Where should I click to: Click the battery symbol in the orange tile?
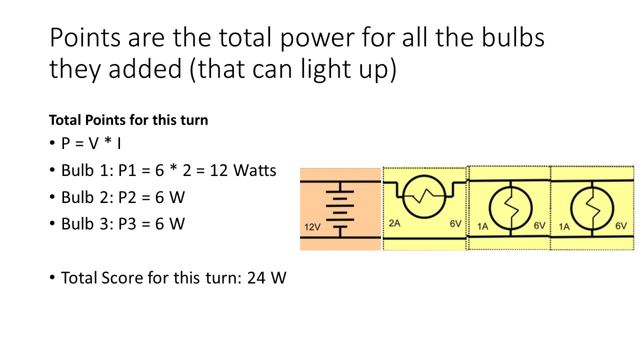[340, 209]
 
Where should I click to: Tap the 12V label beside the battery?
[312, 227]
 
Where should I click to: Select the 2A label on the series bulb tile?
[395, 224]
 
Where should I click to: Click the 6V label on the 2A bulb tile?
[455, 224]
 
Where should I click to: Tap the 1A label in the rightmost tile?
[564, 226]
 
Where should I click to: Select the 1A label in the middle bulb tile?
[482, 226]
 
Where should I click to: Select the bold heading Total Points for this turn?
[128, 120]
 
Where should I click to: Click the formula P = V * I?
[91, 144]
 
